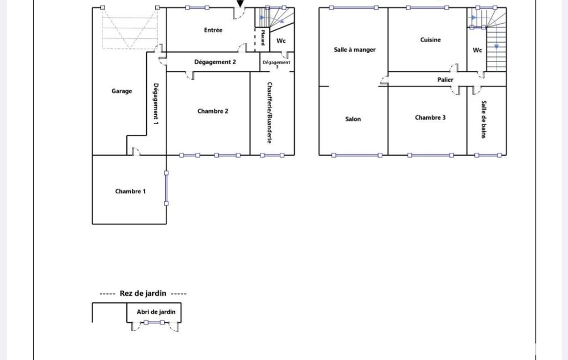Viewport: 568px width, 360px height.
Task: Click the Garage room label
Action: click(122, 91)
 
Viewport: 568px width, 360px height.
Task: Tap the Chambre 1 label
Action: click(130, 191)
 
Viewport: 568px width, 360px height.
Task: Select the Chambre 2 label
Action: click(213, 111)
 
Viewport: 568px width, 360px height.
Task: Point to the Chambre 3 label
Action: click(431, 117)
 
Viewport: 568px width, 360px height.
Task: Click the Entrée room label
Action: click(213, 30)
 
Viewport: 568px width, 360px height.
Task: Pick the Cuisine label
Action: click(431, 40)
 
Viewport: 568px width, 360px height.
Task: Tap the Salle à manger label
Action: click(355, 50)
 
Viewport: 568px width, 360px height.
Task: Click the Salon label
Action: click(353, 119)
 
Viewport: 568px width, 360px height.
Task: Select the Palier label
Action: click(445, 80)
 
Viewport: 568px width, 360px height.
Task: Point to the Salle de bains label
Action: click(484, 120)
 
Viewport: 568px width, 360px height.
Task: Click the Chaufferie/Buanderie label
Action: click(269, 112)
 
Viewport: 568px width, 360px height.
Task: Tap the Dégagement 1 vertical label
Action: click(156, 104)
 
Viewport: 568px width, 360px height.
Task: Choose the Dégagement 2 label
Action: click(215, 62)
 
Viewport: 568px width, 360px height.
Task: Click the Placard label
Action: click(263, 38)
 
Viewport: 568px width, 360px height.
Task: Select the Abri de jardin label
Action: click(156, 312)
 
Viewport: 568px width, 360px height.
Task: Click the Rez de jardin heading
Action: click(143, 294)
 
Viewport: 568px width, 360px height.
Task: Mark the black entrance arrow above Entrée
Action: click(240, 4)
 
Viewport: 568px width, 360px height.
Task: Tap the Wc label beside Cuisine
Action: click(478, 50)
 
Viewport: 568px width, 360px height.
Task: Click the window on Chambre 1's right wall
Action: click(166, 188)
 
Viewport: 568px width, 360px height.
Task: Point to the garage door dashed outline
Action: click(130, 28)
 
